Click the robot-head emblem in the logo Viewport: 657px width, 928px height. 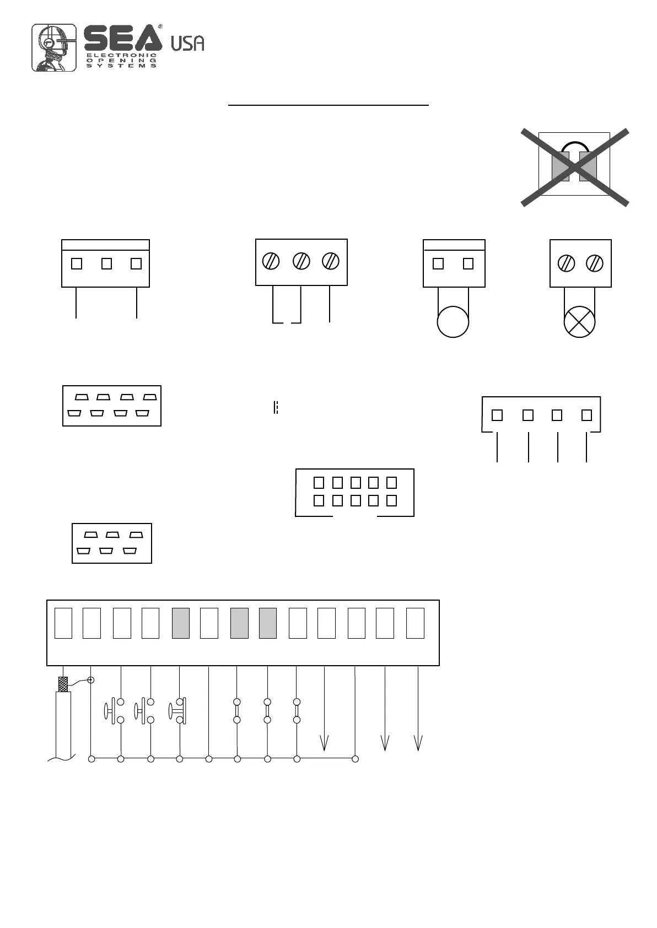(53, 47)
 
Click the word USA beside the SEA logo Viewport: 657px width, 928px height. (187, 44)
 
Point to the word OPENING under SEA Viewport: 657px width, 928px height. (122, 60)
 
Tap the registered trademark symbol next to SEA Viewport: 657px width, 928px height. (160, 26)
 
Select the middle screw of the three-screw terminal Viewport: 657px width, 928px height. (301, 261)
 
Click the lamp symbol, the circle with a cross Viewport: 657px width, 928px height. (580, 322)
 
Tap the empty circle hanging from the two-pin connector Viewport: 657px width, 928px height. (453, 322)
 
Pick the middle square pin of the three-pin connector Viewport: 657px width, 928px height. (106, 264)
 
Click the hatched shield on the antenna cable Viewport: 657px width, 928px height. (64, 684)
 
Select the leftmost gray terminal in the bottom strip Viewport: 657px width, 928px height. (181, 623)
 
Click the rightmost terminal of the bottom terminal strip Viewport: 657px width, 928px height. (415, 623)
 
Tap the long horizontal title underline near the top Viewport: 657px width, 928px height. (328, 104)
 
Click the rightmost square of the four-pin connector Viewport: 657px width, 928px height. (586, 415)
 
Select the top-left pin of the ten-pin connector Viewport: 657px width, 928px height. (319, 483)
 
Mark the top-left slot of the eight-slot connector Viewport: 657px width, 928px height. (82, 397)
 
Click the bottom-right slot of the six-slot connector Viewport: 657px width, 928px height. (130, 551)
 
